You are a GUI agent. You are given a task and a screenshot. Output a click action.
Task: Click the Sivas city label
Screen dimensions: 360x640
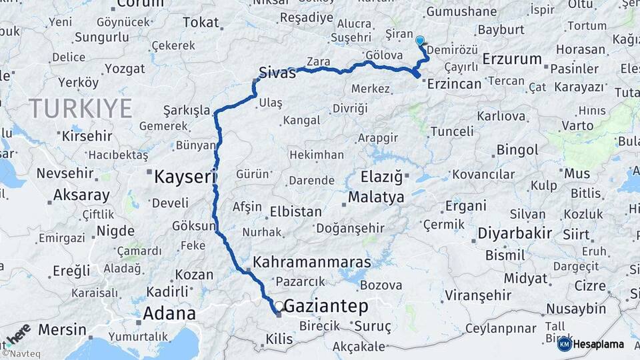click(277, 73)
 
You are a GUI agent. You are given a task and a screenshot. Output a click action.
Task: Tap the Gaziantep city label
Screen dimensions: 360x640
click(326, 307)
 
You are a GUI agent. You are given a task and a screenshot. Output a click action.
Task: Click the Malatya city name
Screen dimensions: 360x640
click(376, 197)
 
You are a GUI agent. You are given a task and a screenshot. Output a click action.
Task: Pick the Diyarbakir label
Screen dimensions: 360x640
click(515, 233)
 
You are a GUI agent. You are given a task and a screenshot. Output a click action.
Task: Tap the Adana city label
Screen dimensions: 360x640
click(170, 313)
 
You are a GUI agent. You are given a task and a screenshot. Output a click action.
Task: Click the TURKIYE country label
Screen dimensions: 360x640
click(80, 108)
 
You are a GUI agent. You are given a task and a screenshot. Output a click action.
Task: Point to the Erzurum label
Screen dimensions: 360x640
click(512, 59)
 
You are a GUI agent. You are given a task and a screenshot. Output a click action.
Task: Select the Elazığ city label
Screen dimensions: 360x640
click(382, 177)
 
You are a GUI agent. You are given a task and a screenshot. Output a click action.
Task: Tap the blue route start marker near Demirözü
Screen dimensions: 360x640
click(420, 40)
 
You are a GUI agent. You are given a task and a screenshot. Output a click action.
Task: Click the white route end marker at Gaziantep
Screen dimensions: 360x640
click(278, 306)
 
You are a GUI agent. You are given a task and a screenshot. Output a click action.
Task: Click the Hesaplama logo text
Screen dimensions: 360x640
click(598, 344)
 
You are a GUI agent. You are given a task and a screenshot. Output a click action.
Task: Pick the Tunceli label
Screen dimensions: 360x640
click(451, 131)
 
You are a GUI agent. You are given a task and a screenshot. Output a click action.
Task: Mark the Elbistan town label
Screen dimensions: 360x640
click(295, 212)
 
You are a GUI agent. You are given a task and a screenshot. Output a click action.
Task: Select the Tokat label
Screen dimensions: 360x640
click(201, 23)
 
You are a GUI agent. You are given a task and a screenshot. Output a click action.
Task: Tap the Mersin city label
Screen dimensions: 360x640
click(62, 329)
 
